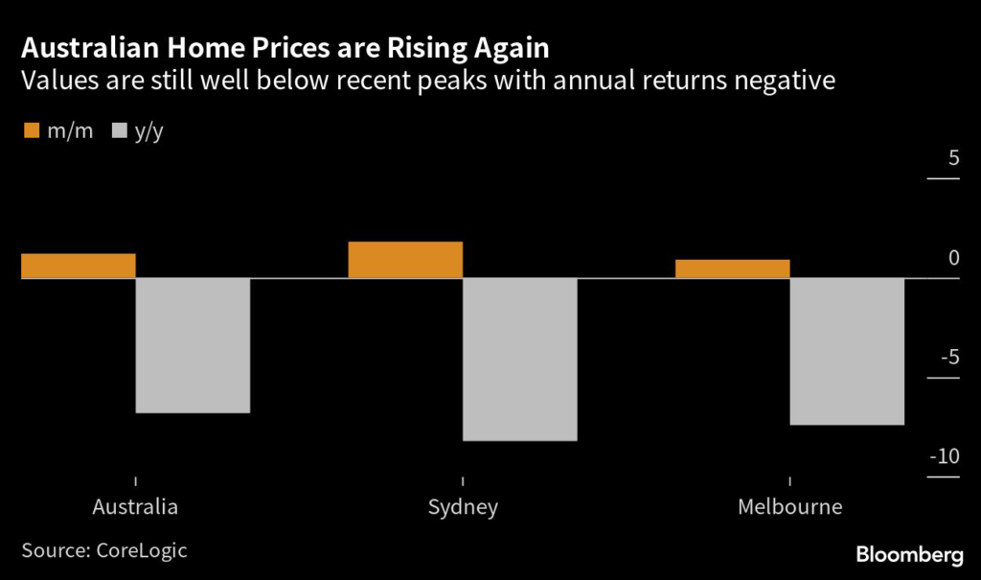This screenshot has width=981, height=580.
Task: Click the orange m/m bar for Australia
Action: coord(78,266)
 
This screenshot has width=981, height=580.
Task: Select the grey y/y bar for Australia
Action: coord(193,345)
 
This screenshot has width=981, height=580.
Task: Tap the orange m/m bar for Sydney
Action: coord(405,260)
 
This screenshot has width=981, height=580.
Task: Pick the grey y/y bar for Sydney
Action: coord(520,360)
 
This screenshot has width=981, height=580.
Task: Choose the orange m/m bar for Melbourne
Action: coord(733,268)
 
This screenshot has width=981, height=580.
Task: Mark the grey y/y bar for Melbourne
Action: coord(848,351)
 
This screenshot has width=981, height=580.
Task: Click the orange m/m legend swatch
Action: coord(30,130)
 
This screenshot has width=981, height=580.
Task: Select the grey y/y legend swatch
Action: coord(122,130)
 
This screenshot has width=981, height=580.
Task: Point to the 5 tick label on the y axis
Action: coord(953,158)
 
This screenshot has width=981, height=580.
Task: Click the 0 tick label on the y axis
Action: coord(953,257)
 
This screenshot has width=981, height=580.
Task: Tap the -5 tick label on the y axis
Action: coord(948,358)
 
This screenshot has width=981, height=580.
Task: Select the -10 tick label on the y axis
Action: coord(945,456)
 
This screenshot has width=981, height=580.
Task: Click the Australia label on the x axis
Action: coord(135,507)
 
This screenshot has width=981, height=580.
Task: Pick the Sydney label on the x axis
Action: coord(463,507)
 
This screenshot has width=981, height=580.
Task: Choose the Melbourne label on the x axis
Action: coord(790,507)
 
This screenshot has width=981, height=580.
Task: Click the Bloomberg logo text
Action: coord(909,554)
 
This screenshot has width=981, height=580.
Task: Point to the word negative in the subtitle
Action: coord(781,81)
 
